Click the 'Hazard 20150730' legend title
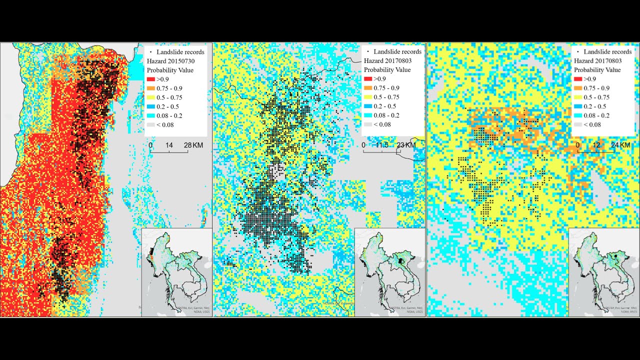170,60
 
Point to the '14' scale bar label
169,145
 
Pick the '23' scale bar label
400,145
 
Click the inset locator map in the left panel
176,272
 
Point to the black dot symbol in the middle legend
368,51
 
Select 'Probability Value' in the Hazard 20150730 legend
170,70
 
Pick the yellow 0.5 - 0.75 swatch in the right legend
578,97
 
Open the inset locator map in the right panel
603,272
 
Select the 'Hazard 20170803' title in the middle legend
387,60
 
